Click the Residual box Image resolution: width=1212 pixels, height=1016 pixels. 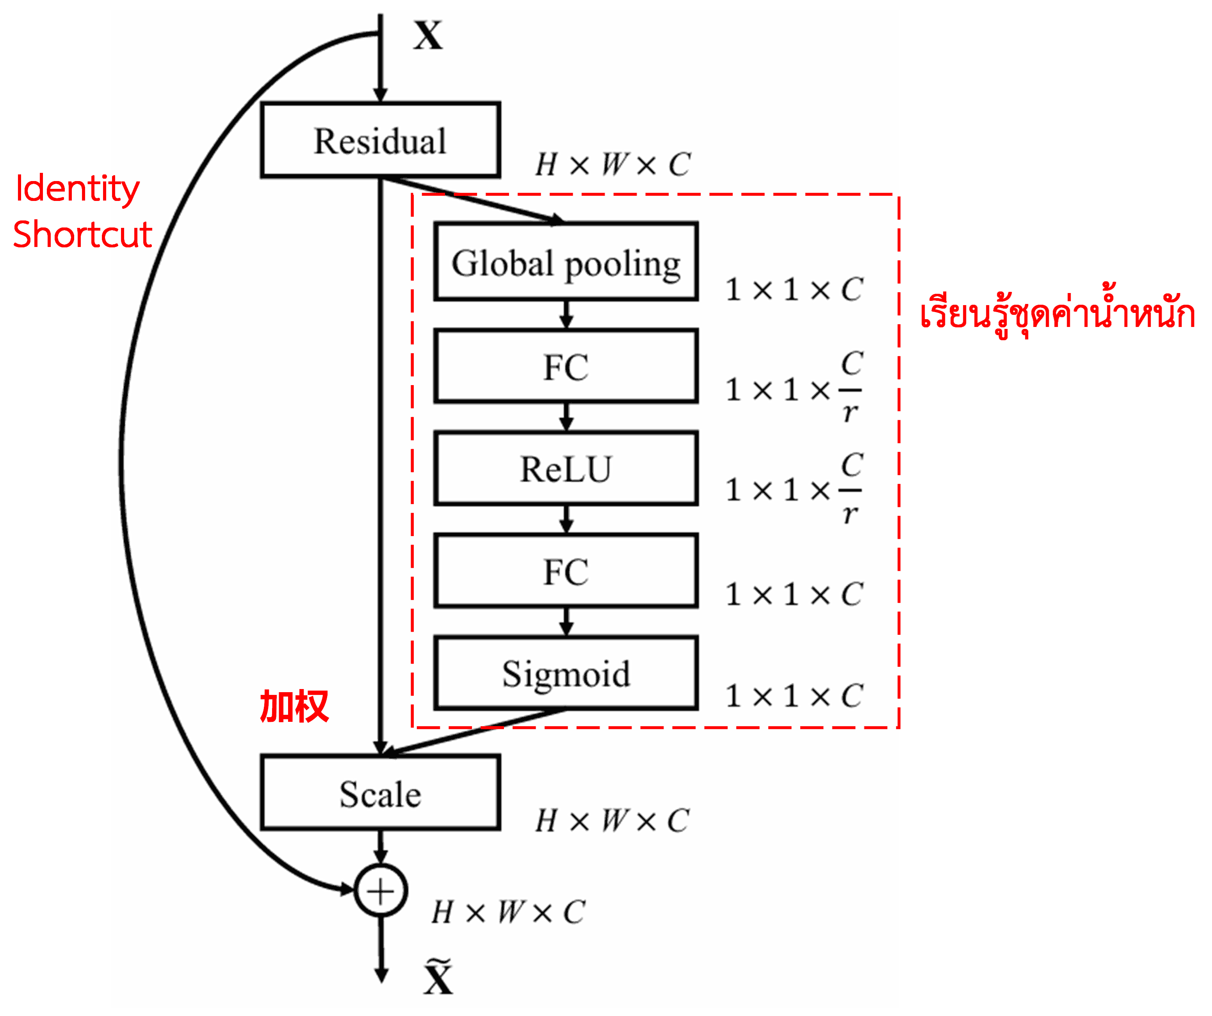click(x=380, y=140)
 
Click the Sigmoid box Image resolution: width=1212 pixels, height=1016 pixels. click(x=566, y=673)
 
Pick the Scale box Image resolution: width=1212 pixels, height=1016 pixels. click(x=380, y=793)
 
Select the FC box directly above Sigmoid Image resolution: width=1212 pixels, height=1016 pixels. click(x=566, y=570)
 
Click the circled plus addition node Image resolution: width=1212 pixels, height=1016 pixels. click(x=380, y=891)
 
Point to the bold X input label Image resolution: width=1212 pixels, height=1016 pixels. click(x=428, y=36)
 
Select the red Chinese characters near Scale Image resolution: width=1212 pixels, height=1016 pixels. click(x=294, y=706)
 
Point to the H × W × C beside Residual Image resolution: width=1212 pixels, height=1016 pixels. click(x=612, y=164)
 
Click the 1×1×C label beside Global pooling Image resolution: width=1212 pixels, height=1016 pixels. click(x=794, y=289)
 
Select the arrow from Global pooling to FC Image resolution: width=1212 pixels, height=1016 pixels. click(x=566, y=315)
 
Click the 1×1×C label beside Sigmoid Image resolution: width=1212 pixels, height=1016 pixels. click(x=794, y=695)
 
